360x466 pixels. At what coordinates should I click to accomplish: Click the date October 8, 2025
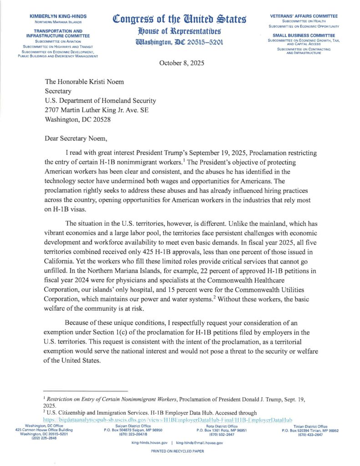(x=182, y=63)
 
